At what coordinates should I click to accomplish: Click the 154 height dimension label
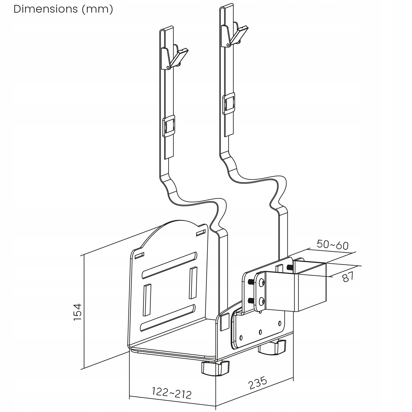click(x=77, y=312)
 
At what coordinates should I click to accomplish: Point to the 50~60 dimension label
click(x=332, y=244)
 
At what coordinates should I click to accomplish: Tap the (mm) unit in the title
click(x=98, y=9)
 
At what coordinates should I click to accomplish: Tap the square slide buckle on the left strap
click(x=169, y=126)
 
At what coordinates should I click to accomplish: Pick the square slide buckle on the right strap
click(x=229, y=103)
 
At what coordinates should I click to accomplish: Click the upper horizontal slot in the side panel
click(x=169, y=265)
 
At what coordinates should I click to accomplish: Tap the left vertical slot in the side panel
click(x=147, y=299)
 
